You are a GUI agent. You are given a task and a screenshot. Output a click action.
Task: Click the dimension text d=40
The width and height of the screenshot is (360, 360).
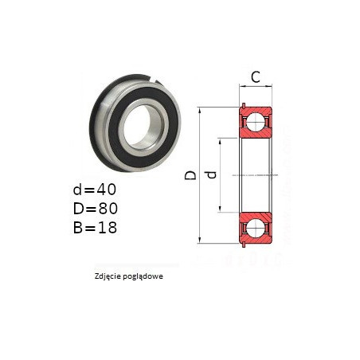click(x=95, y=190)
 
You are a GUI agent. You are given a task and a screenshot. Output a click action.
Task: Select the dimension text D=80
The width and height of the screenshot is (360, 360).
click(x=96, y=209)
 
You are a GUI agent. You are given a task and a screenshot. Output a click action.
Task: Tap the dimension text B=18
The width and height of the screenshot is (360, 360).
click(x=95, y=228)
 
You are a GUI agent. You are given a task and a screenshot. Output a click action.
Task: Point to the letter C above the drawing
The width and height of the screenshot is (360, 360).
click(x=256, y=77)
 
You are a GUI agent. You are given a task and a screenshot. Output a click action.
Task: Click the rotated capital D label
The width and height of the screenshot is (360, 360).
click(x=190, y=175)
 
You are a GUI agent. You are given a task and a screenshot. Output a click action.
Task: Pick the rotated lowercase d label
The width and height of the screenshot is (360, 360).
click(x=212, y=174)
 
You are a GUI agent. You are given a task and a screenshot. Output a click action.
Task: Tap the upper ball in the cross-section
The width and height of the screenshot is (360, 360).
click(x=256, y=122)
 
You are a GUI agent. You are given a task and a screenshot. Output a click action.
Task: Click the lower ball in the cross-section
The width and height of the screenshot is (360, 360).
click(x=256, y=228)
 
